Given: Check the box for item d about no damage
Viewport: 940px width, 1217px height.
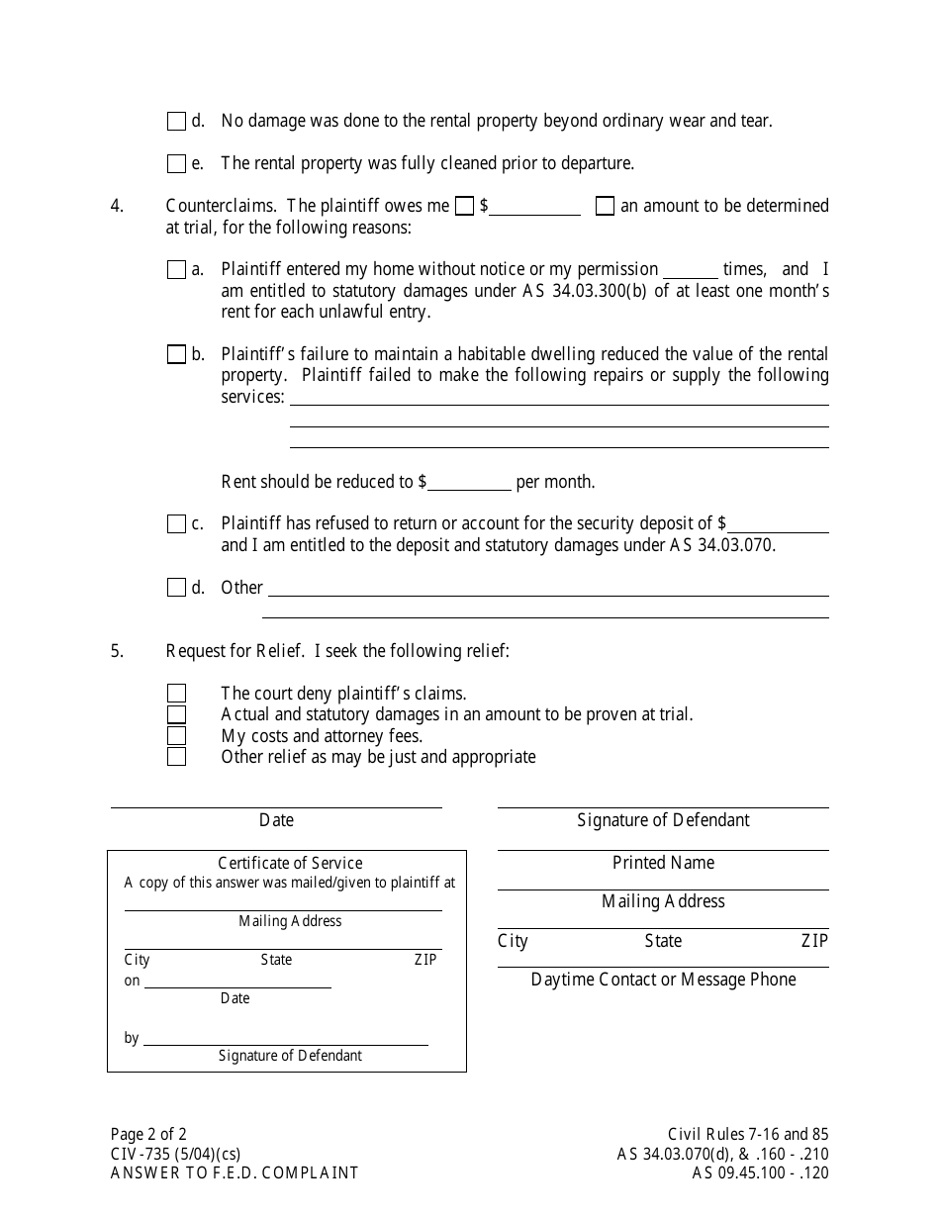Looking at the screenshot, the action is pyautogui.click(x=176, y=122).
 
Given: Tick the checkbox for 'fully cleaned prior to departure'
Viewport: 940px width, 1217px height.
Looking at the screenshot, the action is pyautogui.click(x=176, y=164).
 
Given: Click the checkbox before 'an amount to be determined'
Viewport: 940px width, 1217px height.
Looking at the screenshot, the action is pyautogui.click(x=605, y=207).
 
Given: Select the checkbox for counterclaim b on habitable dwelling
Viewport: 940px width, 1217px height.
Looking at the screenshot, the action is pyautogui.click(x=176, y=355).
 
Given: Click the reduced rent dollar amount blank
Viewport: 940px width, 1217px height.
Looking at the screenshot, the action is pyautogui.click(x=469, y=484).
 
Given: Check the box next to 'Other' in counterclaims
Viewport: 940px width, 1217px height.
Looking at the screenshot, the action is pyautogui.click(x=176, y=589).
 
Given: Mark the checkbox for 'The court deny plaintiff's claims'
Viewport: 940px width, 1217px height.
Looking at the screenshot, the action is pyautogui.click(x=176, y=695).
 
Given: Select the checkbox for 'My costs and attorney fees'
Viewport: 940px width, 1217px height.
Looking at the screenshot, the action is pyautogui.click(x=176, y=736).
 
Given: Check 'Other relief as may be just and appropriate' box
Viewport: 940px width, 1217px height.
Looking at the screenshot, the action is pyautogui.click(x=176, y=757).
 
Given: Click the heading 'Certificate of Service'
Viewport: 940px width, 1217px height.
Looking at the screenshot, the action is pyautogui.click(x=290, y=863).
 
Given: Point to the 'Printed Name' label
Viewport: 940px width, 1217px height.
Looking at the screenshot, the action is pyautogui.click(x=663, y=863).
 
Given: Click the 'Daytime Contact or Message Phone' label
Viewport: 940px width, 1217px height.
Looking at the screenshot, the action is pyautogui.click(x=663, y=980).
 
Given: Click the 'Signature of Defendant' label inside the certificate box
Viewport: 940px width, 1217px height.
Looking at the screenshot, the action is pyautogui.click(x=290, y=1056).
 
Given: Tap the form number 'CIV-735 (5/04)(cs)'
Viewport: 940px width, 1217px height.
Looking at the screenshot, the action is pyautogui.click(x=175, y=1154).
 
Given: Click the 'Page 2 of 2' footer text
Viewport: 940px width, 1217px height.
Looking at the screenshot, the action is pyautogui.click(x=148, y=1135).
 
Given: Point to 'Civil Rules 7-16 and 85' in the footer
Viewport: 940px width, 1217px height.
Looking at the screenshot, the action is pyautogui.click(x=748, y=1135).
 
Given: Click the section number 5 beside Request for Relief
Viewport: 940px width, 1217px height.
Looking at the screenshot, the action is pyautogui.click(x=117, y=651).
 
